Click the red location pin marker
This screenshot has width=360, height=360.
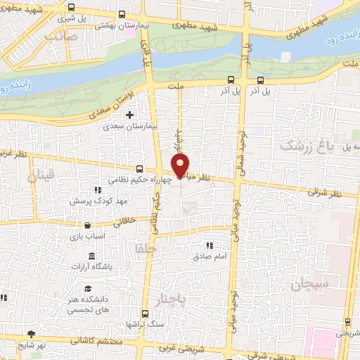(181, 166)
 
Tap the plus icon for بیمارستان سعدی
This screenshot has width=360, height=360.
(129, 115)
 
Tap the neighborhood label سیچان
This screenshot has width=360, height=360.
(308, 285)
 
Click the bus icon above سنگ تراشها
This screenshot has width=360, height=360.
(145, 314)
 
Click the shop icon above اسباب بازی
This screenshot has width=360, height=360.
(87, 226)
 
